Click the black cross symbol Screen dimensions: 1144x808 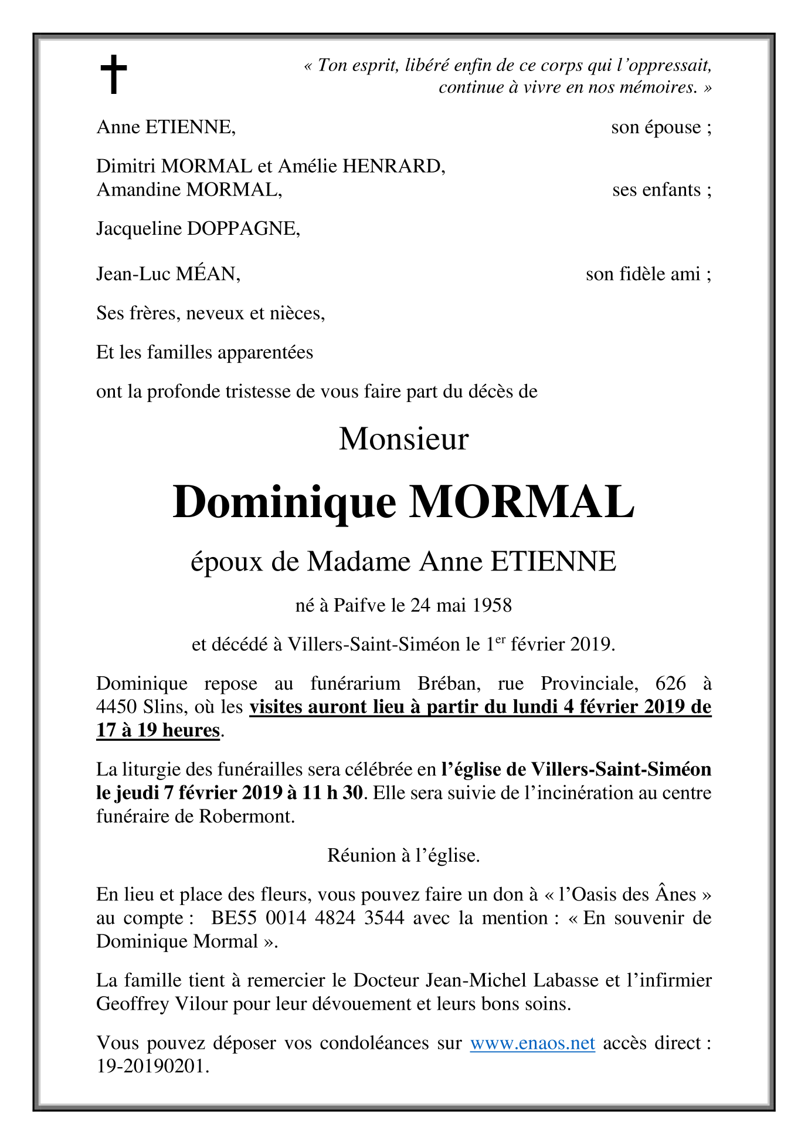coord(113,75)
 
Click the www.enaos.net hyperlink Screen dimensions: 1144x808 coord(532,1042)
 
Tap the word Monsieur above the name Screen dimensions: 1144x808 coord(403,438)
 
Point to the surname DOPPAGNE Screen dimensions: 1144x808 coord(243,228)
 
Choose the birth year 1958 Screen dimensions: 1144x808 coord(492,605)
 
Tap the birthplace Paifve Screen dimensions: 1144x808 coord(360,605)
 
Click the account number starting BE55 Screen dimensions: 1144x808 coord(308,917)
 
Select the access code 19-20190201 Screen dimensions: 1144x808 coord(152,1066)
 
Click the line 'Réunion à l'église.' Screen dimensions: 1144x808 coord(403,855)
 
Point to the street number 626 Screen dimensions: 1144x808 coord(670,683)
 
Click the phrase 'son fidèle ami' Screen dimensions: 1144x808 coord(643,274)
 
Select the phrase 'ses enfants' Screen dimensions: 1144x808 coord(657,190)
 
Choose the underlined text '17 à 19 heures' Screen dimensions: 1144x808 coord(158,730)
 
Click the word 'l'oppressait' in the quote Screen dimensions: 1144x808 coord(664,65)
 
